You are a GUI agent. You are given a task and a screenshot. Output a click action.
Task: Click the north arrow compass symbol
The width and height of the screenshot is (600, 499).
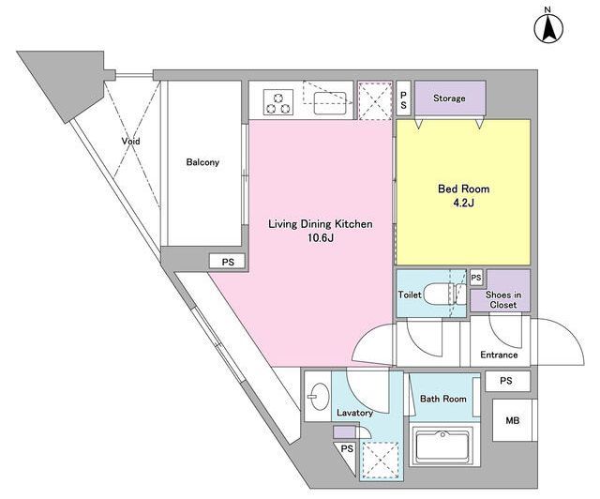(x=548, y=29)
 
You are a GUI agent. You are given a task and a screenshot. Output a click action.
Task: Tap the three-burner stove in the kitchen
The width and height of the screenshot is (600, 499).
(x=278, y=102)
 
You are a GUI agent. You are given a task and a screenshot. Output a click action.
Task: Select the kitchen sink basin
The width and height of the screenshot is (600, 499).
(x=330, y=103)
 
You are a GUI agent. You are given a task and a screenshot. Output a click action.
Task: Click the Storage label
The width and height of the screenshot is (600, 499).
(x=449, y=98)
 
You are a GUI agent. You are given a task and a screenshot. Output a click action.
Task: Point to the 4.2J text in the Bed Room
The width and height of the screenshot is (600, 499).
(x=463, y=203)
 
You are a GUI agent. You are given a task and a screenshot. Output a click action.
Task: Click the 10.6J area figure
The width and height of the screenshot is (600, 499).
(x=321, y=238)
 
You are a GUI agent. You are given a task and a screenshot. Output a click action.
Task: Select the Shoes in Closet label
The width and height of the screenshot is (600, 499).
(x=503, y=299)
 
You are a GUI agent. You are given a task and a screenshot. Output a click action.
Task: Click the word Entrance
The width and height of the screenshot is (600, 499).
(x=499, y=355)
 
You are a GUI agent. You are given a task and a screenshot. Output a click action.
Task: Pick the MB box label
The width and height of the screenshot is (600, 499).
(x=513, y=420)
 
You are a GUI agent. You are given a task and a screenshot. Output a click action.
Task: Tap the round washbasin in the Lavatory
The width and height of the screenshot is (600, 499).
(x=319, y=397)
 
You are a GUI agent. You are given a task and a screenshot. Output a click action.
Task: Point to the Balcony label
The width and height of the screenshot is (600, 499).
(x=202, y=162)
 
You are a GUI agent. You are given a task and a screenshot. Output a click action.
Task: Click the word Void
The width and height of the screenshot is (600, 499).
(x=131, y=141)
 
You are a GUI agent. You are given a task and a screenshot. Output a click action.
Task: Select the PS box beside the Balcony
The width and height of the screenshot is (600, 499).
(x=228, y=262)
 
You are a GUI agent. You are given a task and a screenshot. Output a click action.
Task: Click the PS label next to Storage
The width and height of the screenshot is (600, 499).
(x=403, y=98)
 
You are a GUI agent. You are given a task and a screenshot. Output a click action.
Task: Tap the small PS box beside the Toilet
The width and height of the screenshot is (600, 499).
(x=476, y=278)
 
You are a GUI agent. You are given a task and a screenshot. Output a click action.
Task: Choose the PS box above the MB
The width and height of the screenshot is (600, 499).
(x=507, y=381)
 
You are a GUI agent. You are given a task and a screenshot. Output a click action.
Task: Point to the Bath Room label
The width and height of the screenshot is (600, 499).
(x=443, y=399)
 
